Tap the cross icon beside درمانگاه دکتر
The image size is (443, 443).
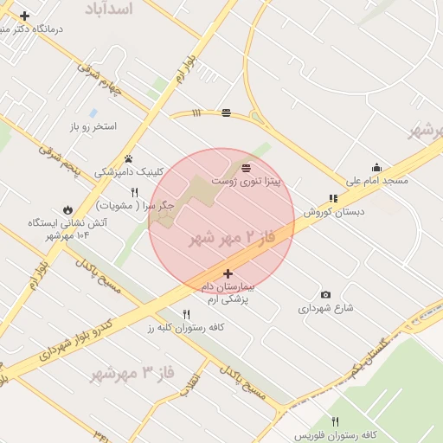tap(24, 16)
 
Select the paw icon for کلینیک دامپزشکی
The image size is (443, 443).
tap(128, 158)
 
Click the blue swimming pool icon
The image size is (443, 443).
tap(93, 112)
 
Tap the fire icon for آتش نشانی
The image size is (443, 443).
tap(67, 209)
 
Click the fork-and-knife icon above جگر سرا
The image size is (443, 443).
tap(134, 191)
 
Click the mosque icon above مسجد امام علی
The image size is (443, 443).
tap(376, 168)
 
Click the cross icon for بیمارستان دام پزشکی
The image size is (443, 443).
tap(228, 273)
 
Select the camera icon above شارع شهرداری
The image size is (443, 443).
tap(325, 294)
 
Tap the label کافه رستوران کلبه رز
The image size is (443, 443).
tap(186, 328)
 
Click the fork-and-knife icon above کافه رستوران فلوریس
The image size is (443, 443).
tap(335, 421)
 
